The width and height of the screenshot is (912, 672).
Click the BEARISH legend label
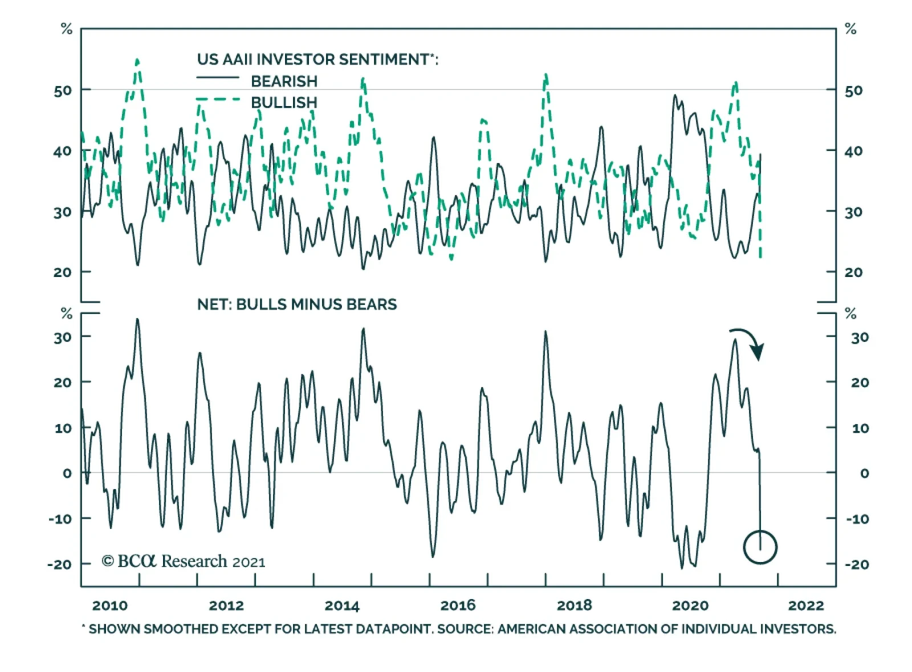click(284, 82)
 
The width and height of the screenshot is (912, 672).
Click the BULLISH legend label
click(284, 103)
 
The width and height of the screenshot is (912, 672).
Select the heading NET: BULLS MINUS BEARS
click(297, 304)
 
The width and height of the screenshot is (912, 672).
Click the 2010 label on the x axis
click(110, 605)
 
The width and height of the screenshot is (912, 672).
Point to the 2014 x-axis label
click(342, 605)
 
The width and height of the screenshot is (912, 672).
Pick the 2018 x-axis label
click(574, 605)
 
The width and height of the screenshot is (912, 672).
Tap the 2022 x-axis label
click(806, 605)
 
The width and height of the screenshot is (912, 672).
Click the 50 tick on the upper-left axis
click(63, 91)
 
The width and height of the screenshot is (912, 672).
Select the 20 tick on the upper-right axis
click(853, 272)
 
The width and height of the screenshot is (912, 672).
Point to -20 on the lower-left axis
click(60, 564)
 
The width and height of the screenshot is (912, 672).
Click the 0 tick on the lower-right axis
click(864, 473)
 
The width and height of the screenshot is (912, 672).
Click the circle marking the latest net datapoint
click(760, 547)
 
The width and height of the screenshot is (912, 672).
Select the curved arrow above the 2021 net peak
click(748, 342)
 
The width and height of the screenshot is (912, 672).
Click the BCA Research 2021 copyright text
click(184, 561)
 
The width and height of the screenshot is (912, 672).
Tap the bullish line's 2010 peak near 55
click(137, 59)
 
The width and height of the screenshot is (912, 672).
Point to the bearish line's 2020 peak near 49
click(675, 96)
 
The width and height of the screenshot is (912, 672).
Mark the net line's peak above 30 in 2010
click(137, 319)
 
